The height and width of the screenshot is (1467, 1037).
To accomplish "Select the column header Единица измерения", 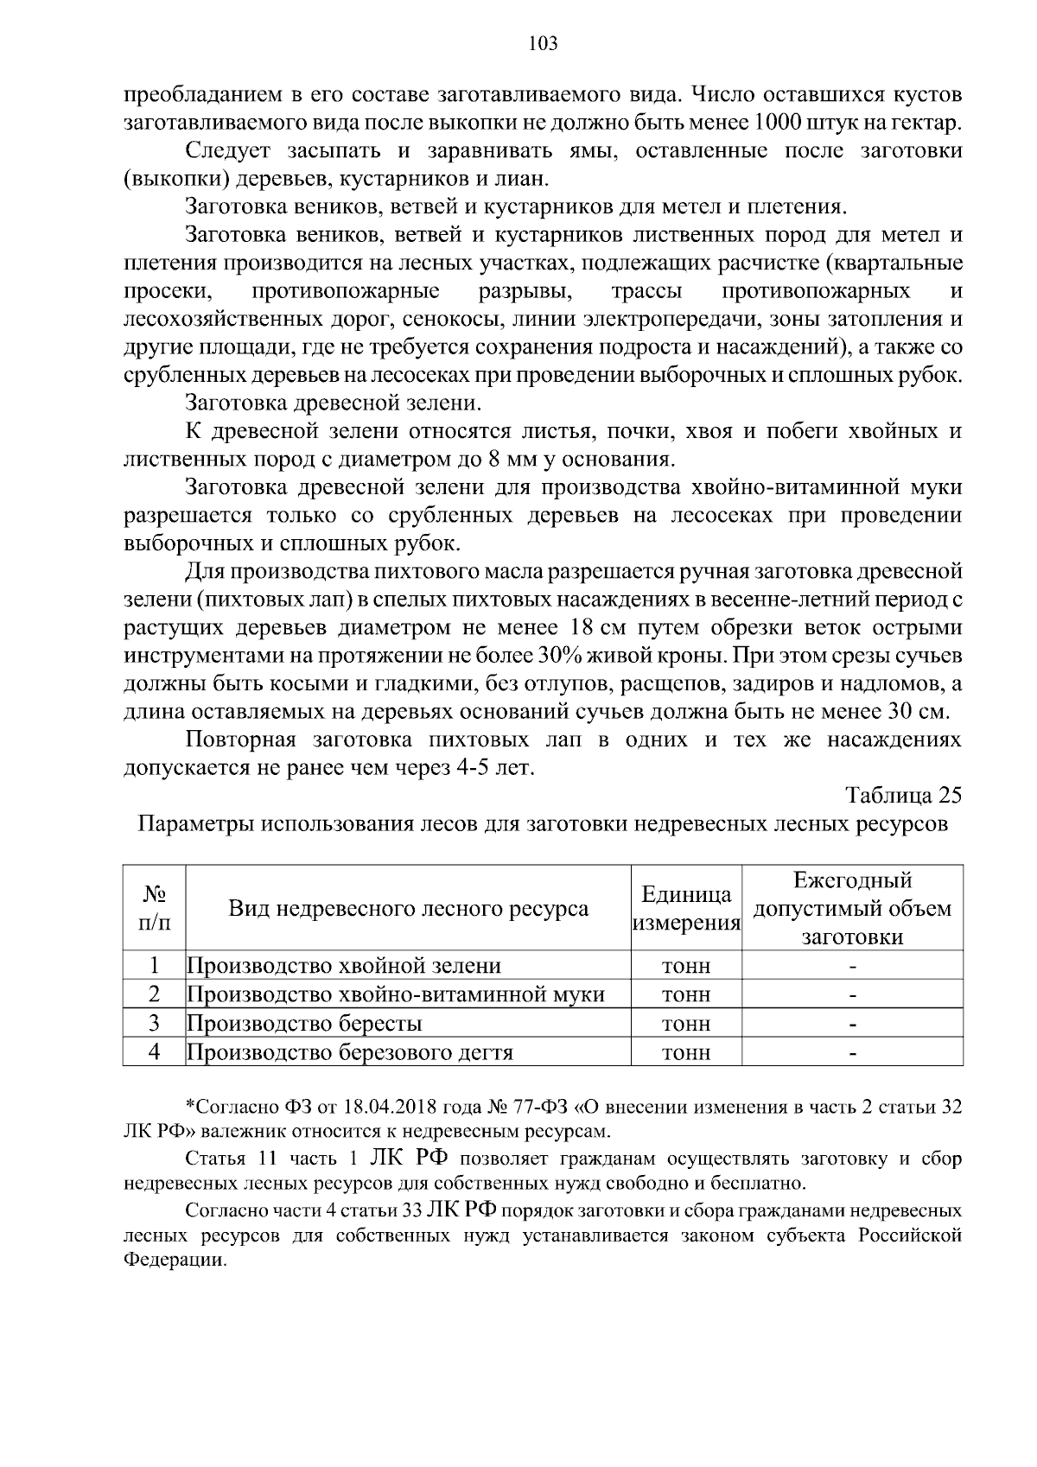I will coord(687,908).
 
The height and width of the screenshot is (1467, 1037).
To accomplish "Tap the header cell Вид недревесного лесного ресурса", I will coord(409,908).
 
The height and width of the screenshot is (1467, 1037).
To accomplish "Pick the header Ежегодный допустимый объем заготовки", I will coord(852,908).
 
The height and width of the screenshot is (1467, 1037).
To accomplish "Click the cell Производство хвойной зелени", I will coord(344,966).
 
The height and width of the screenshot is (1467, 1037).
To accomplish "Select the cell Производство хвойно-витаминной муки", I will coord(396,994).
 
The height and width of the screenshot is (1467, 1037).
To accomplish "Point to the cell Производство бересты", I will coord(305,1024).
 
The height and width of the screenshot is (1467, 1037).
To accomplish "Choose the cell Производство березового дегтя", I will coord(350,1052).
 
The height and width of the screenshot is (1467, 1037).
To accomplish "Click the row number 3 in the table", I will coord(155,1024).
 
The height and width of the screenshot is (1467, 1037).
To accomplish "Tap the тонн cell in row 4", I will coord(686,1052).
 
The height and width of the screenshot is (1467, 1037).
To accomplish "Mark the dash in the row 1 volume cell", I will coord(852,966).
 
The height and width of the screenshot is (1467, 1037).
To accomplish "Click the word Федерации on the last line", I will coord(174,1260).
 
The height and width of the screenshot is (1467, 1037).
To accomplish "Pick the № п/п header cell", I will coord(155,908).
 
